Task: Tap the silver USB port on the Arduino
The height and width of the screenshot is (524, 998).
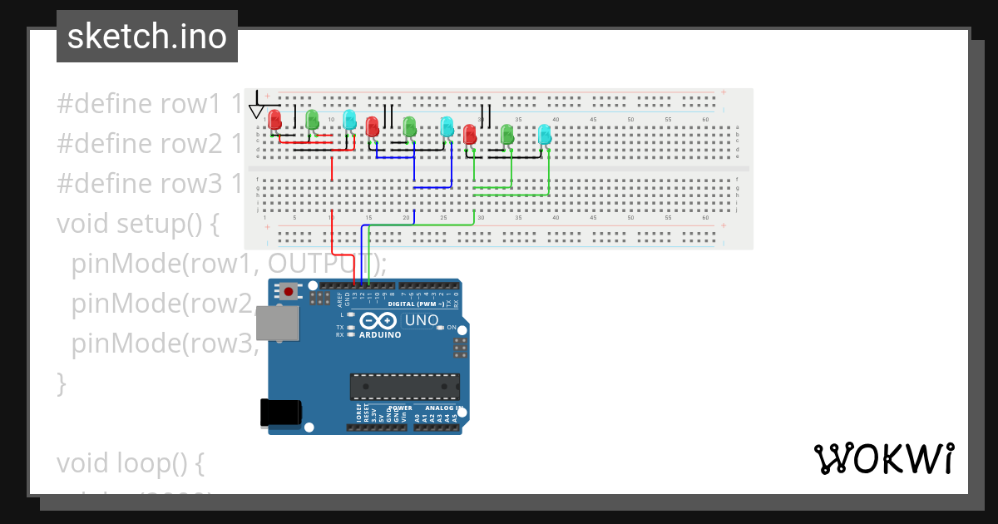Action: pos(277,323)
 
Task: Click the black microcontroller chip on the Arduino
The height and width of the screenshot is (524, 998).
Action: pos(404,387)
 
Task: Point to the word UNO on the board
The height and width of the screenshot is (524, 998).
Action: pos(421,320)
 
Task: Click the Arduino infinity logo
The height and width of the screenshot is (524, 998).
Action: pos(380,322)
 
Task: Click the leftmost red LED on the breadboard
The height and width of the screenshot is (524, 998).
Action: pos(274,120)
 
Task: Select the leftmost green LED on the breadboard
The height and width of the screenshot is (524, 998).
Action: pos(312,120)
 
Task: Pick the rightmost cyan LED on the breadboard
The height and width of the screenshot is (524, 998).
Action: pos(545,134)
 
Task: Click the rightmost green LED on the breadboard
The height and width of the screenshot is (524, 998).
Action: pos(507,134)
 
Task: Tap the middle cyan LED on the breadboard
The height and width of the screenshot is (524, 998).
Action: pos(447,126)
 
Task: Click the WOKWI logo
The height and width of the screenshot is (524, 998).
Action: pos(883,458)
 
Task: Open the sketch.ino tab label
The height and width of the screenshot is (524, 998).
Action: pos(147,37)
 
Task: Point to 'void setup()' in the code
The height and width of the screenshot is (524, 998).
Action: pos(137,224)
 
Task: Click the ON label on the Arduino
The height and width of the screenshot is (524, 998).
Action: pos(452,328)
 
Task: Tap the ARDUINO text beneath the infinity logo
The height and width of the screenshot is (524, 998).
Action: pos(380,334)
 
